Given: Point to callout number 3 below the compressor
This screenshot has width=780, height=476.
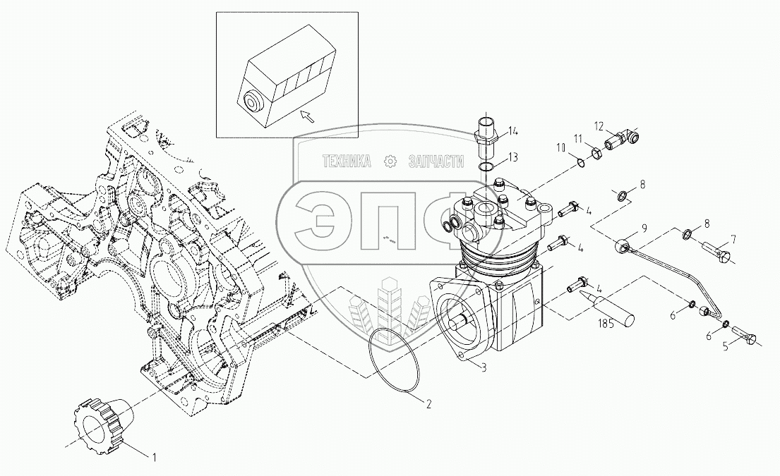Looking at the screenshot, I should (483, 367).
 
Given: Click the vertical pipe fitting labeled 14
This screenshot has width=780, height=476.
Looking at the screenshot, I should (486, 134).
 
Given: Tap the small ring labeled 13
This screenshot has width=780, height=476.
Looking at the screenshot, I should (486, 166).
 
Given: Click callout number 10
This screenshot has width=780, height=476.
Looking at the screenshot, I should (560, 147).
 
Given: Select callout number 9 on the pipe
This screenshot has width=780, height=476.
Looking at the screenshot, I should (643, 228).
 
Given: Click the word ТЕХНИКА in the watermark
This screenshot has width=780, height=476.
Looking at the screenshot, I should (347, 162).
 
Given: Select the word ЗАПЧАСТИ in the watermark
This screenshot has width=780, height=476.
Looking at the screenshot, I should (436, 162).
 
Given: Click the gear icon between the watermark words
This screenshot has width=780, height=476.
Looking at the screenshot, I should (389, 162).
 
